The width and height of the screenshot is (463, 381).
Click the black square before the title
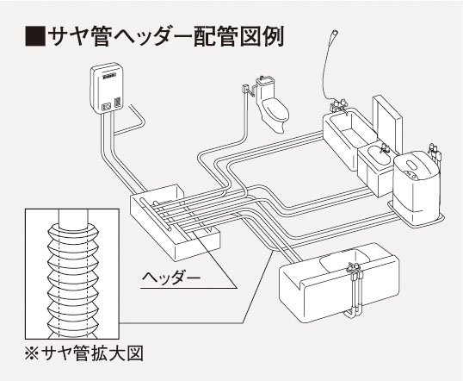[x=35, y=36]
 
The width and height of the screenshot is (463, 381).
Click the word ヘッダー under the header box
[x=171, y=278]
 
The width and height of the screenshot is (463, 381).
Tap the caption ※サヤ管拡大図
[x=84, y=353]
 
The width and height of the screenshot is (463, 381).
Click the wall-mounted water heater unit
[x=108, y=88]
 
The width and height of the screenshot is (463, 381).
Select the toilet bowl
[x=275, y=115]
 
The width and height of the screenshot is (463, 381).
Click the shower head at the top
[x=334, y=34]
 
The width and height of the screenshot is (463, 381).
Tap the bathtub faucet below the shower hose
[x=339, y=107]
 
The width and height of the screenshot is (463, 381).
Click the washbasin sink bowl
[x=380, y=155]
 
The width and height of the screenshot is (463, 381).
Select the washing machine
[x=416, y=184]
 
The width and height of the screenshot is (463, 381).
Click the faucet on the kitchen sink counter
[x=355, y=268]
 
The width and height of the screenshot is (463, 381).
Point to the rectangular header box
[x=176, y=222]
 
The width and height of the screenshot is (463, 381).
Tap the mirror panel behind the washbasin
[x=387, y=122]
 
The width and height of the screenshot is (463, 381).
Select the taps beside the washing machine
[x=435, y=153]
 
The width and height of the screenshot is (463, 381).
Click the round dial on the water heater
[x=107, y=106]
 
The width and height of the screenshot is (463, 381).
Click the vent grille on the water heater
[x=118, y=102]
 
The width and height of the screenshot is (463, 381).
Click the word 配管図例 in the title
[x=238, y=36]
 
